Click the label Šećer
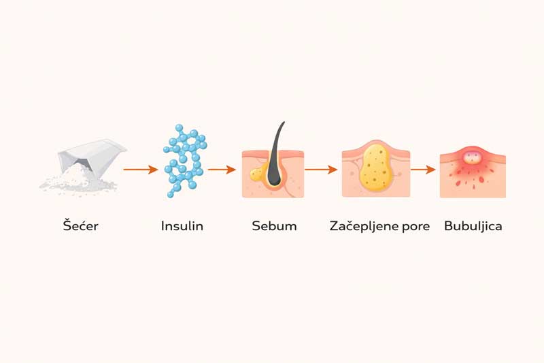[80, 225]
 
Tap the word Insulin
[182, 226]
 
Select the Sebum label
[275, 226]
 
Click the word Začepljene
[364, 226]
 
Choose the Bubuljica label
[473, 227]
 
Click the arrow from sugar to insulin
[141, 170]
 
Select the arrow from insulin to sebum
[222, 170]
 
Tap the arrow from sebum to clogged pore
[321, 170]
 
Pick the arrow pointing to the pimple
[423, 170]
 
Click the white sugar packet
[91, 155]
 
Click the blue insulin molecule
[185, 161]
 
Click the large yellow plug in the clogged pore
[377, 168]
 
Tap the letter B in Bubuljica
[449, 226]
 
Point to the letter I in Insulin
[163, 226]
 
